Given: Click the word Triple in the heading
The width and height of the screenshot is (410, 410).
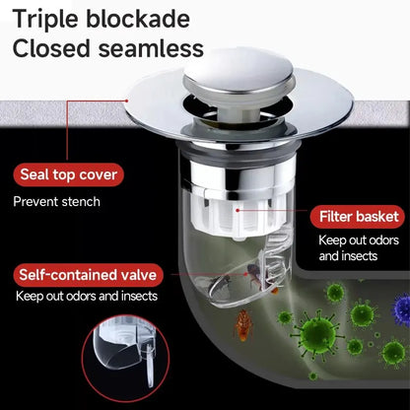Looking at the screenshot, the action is tap(46, 20).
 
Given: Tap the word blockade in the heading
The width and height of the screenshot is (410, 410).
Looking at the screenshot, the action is tap(138, 19).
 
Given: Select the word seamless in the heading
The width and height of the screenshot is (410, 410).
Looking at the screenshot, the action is tap(151, 48).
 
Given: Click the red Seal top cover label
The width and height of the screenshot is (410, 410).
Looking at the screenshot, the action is tap(69, 174).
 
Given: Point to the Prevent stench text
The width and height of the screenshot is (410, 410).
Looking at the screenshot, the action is tap(56, 201).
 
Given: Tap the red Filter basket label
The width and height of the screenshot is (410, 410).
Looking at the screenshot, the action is tap(359, 217).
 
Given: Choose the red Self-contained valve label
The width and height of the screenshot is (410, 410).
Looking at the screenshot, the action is tap(88, 275).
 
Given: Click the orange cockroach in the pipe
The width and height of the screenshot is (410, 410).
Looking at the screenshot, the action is tap(242, 325).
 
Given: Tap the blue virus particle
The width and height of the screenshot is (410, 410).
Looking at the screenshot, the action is tap(401, 308).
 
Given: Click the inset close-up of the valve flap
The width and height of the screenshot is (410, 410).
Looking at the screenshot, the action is tap(125, 352).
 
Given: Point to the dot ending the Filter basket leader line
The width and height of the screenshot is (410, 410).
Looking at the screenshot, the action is tap(238, 209).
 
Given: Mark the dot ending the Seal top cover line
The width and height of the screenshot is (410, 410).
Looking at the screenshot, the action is tap(126, 101).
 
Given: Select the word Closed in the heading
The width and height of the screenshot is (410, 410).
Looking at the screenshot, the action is tap(51, 48).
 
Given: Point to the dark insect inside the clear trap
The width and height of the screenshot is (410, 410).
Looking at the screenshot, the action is tap(254, 275).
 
